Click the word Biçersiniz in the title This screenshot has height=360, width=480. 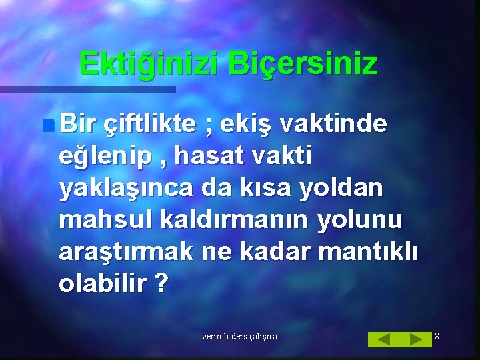click(303, 64)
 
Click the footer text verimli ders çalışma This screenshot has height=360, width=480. click(239, 337)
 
